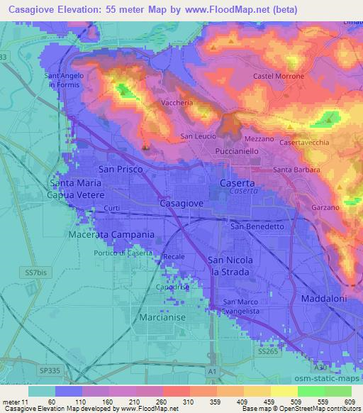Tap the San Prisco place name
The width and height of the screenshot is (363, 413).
121,170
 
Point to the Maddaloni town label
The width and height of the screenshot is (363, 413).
323,298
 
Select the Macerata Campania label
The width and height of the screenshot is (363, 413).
111,234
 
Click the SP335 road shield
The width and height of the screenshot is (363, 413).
50,370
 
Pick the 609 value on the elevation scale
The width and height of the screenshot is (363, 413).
346,401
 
